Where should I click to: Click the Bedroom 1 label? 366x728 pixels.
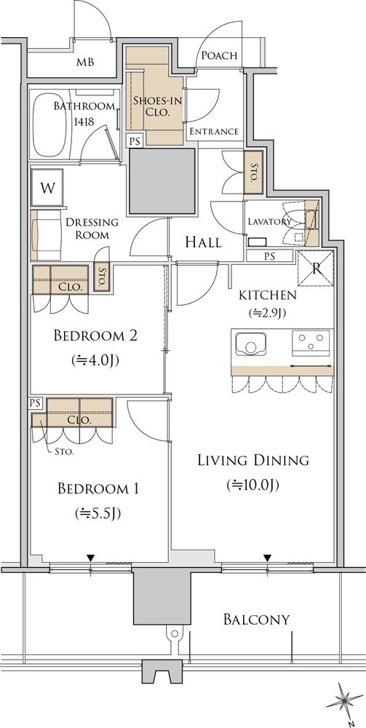[x=98, y=488]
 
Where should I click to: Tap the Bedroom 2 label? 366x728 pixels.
[x=95, y=335]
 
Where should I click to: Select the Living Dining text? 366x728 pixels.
[x=253, y=461]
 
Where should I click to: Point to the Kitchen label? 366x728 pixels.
[x=267, y=295]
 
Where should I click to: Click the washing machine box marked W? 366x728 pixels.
[x=47, y=188]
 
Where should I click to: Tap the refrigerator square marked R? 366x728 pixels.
[x=316, y=269]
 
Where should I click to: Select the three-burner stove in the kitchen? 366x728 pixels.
[x=310, y=343]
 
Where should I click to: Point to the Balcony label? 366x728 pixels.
[x=257, y=620]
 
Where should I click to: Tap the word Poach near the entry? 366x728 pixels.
[x=220, y=56]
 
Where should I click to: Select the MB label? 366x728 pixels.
[x=85, y=62]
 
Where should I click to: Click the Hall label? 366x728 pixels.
[x=203, y=242]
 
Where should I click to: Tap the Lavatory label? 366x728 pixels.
[x=269, y=221]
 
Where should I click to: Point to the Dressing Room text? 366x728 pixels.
[x=92, y=229]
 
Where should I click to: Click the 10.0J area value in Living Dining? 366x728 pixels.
[x=252, y=485]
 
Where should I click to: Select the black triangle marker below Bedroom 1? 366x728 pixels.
[x=90, y=558]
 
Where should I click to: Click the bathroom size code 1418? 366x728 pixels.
[x=84, y=122]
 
